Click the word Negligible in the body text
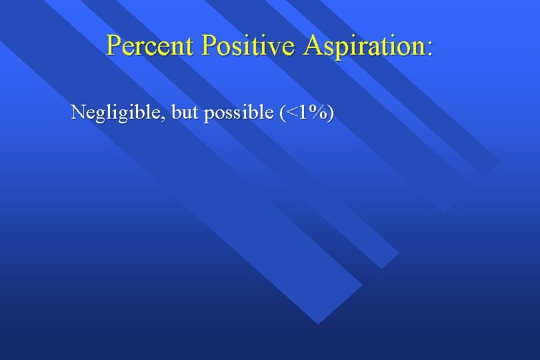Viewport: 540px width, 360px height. click(117, 113)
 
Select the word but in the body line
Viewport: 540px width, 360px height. click(185, 113)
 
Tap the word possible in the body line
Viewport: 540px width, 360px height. click(238, 114)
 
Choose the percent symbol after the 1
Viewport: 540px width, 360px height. click(318, 113)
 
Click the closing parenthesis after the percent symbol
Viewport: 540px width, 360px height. click(331, 113)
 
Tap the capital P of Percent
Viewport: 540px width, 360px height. click(114, 45)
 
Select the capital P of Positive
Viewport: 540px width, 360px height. click(210, 45)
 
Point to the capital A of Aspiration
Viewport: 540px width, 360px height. click(313, 45)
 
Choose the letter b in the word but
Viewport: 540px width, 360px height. click(177, 113)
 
